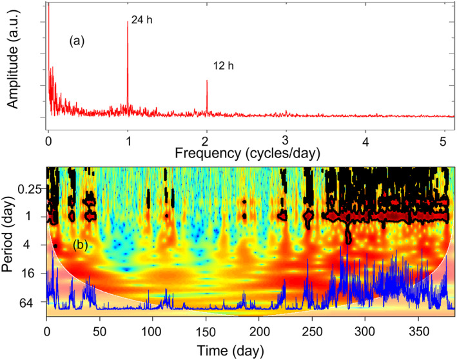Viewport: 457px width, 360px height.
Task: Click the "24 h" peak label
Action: pos(141,21)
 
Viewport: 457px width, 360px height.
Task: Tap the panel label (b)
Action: pos(81,245)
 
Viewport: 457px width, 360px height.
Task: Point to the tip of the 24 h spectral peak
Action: pos(128,22)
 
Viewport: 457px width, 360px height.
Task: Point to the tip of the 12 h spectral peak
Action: pos(207,81)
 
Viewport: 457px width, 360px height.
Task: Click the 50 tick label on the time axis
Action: pos(99,331)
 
